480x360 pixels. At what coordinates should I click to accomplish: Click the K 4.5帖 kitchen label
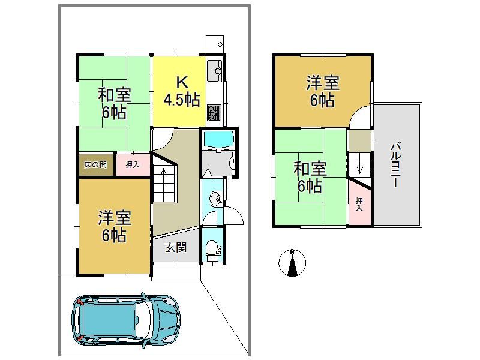click(x=182, y=92)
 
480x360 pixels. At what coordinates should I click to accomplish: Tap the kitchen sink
click(x=215, y=71)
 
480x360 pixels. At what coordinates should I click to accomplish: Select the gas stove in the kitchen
click(x=214, y=113)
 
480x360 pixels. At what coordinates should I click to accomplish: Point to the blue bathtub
click(x=218, y=139)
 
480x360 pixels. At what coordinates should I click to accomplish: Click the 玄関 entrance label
click(x=176, y=247)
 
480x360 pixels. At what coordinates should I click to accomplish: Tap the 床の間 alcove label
click(x=96, y=164)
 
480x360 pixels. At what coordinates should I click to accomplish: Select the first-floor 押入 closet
click(x=133, y=164)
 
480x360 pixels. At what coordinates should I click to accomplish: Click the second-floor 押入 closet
click(x=359, y=204)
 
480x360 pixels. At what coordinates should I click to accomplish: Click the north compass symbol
click(x=292, y=262)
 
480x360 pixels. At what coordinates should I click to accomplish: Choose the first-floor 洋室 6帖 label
click(x=114, y=227)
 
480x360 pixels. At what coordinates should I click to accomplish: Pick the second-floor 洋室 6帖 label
click(x=323, y=92)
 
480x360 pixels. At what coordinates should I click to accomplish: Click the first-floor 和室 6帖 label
click(x=114, y=104)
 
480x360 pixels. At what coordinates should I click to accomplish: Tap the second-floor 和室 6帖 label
click(x=310, y=177)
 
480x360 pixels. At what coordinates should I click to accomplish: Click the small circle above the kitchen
click(x=220, y=44)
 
